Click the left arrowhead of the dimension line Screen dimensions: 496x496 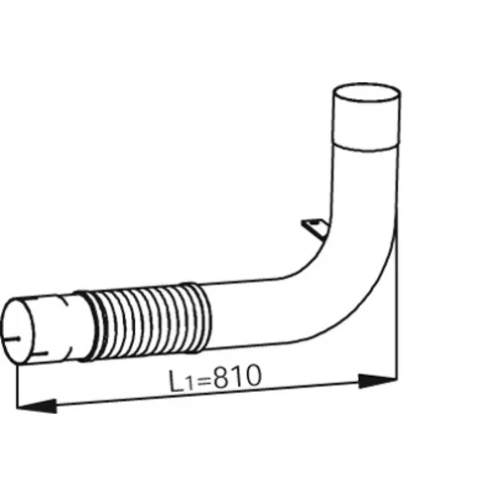coord(36,406)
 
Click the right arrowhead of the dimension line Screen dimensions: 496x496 coord(378,381)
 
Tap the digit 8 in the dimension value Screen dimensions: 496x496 coord(221,379)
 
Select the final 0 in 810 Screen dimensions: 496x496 coord(252,376)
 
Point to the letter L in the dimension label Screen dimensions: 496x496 coord(177,381)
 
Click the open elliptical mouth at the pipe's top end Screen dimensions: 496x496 coord(366,92)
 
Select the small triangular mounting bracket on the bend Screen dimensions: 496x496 coord(314,228)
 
